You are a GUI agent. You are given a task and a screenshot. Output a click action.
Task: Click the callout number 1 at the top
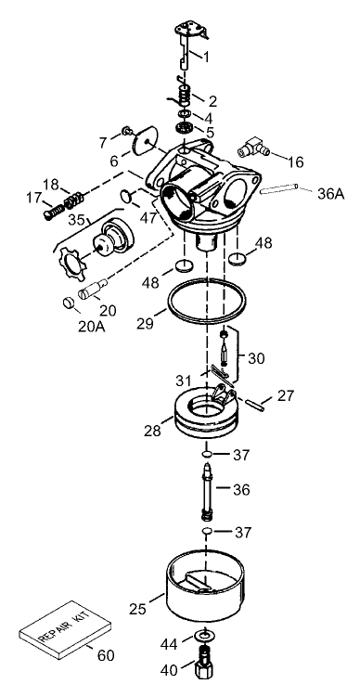pos(206,57)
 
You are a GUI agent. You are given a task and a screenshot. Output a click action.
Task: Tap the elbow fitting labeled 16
pos(251,144)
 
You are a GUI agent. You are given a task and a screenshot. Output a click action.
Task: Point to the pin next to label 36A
pos(281,192)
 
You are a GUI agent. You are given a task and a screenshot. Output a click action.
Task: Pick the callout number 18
pos(50,184)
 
